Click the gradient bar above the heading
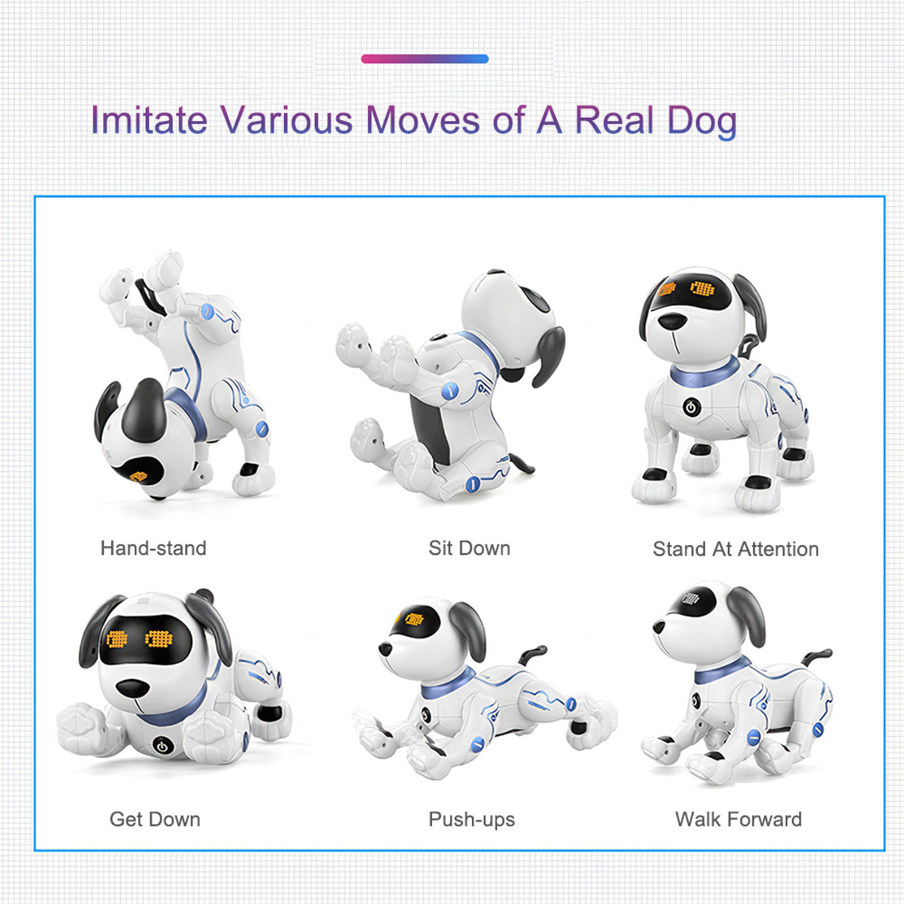[x=424, y=59]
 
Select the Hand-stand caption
[x=153, y=548]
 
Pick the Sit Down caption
[x=469, y=548]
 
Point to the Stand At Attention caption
[x=736, y=549]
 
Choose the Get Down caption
[x=155, y=819]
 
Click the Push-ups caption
[x=472, y=819]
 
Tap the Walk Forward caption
[x=738, y=819]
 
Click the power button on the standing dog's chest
[x=692, y=406]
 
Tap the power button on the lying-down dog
[x=162, y=746]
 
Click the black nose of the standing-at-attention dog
[x=672, y=321]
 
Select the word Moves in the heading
[x=423, y=120]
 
